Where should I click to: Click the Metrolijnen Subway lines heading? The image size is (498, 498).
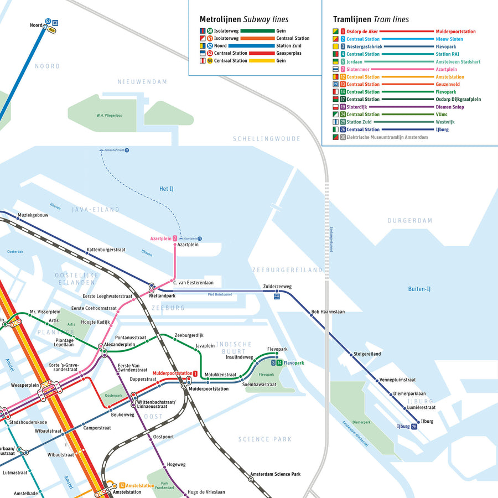[x=244, y=19]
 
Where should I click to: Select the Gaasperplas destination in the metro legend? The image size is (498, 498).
[x=289, y=53]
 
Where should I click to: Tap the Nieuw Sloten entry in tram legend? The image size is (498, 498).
[x=449, y=39]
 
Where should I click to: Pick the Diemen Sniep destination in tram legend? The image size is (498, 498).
[x=450, y=107]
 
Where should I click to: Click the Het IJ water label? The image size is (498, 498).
[x=167, y=189]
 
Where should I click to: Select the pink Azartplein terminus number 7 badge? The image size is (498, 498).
[x=175, y=238]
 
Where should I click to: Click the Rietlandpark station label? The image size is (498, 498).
[x=162, y=296]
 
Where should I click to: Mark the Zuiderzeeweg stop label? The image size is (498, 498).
[x=277, y=287]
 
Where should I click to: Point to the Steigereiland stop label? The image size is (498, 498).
[x=367, y=354]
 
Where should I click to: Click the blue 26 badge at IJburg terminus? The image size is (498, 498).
[x=414, y=426]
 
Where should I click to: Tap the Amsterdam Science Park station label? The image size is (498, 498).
[x=275, y=474]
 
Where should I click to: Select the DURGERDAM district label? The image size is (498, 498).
[x=409, y=221]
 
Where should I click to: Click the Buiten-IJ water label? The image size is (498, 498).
[x=419, y=289]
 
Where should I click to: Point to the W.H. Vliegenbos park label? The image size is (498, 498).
[x=109, y=115]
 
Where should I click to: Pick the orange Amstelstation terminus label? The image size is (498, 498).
[x=140, y=485]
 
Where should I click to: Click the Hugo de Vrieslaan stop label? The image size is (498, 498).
[x=206, y=492]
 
